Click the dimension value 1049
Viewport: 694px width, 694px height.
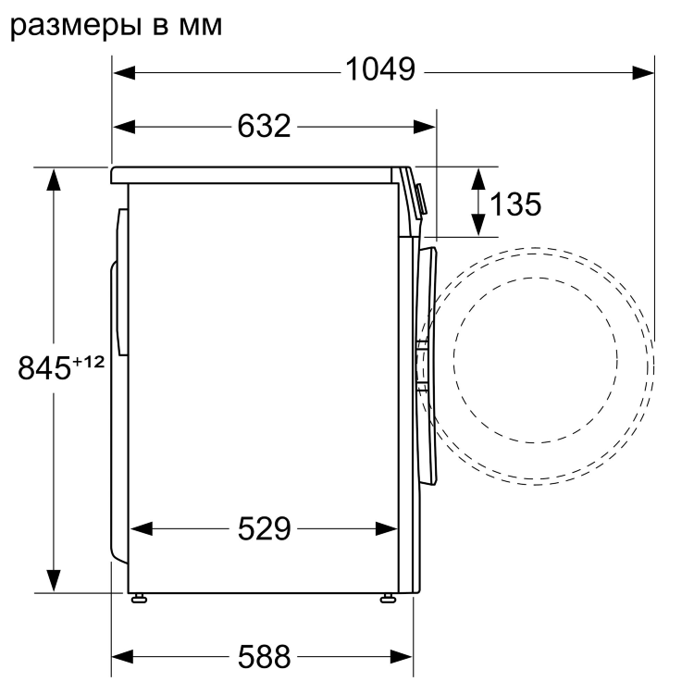coord(379,70)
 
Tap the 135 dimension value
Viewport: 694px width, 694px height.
coord(515,204)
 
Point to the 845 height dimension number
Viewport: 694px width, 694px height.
coord(44,368)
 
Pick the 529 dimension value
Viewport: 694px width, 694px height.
coord(264,529)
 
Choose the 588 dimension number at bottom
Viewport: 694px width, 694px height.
coord(264,657)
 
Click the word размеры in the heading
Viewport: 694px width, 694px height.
coord(74,25)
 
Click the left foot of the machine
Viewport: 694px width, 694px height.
coord(140,597)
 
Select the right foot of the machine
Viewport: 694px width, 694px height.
coord(387,597)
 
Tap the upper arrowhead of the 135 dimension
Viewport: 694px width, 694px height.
coord(477,177)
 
